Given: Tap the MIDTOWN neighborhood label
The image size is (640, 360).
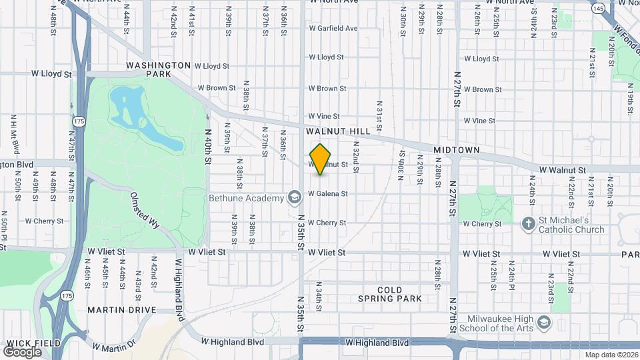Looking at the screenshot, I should (x=457, y=151).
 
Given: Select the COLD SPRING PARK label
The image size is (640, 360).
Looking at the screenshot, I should (x=390, y=294).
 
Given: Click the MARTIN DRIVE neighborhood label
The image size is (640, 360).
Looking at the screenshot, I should (x=121, y=310).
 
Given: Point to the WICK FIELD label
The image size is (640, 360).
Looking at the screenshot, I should (x=33, y=343).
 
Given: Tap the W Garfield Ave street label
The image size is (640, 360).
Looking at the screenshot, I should (x=333, y=29).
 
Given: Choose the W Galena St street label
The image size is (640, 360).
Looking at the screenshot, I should (x=327, y=194).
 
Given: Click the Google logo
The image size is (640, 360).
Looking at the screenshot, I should (x=22, y=351).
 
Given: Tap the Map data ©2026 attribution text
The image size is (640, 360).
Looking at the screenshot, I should (x=611, y=355).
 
